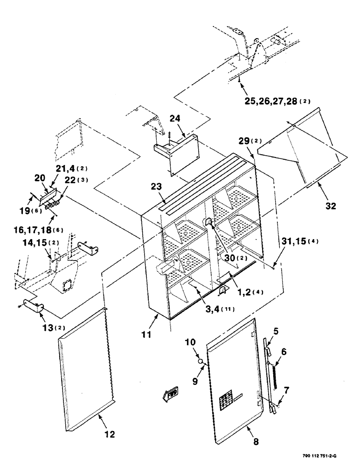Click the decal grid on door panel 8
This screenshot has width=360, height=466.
click(x=228, y=399)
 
